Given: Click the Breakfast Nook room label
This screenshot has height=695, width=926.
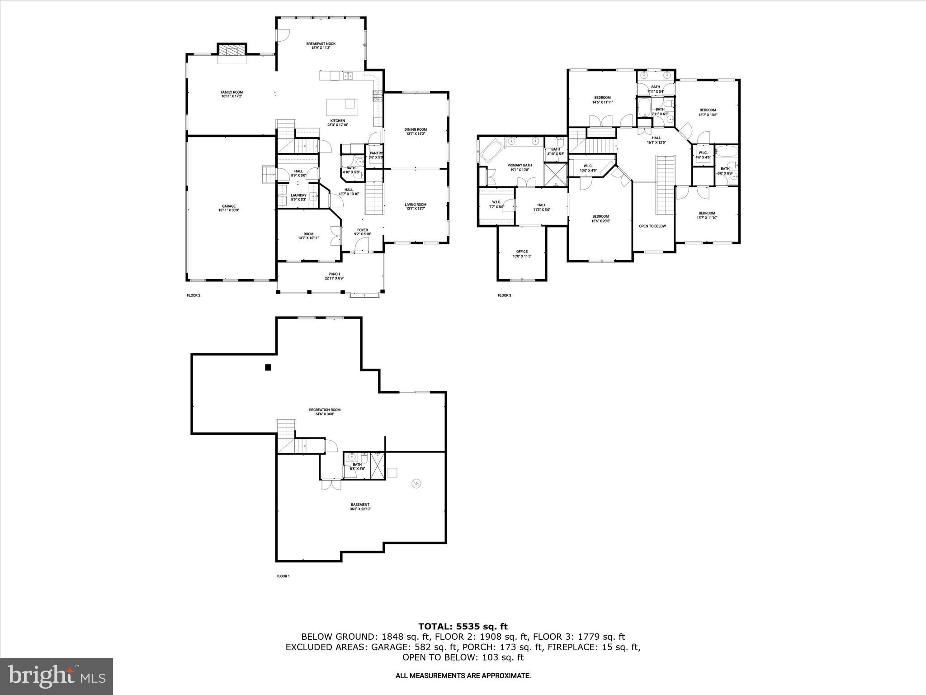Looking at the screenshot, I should click(321, 44).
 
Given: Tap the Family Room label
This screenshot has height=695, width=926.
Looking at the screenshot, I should click(231, 92).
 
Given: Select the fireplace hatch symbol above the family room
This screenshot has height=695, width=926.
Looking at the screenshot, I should click(232, 50).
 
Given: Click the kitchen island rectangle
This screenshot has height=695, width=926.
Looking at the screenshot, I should click(341, 107).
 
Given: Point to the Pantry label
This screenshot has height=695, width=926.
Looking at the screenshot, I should click(376, 153).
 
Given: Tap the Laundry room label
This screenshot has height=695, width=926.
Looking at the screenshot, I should click(298, 195).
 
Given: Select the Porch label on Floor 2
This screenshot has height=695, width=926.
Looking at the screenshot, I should click(334, 274).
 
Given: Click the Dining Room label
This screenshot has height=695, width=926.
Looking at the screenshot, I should click(416, 129).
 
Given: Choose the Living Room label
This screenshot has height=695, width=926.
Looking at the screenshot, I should click(416, 205).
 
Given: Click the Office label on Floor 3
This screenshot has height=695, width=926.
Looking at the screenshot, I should click(522, 252).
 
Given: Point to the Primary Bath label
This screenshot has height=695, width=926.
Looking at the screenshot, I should click(520, 165).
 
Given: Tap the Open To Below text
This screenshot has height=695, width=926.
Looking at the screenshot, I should click(652, 226).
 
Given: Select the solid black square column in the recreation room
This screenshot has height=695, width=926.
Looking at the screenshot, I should click(268, 368).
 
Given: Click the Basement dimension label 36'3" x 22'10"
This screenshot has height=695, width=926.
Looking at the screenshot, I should click(360, 509).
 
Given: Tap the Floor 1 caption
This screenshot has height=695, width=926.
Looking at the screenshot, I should click(283, 576).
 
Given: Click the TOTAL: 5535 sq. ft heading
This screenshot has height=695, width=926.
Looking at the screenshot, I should click(463, 627).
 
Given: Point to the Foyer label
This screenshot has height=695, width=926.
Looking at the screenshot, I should click(363, 230).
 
